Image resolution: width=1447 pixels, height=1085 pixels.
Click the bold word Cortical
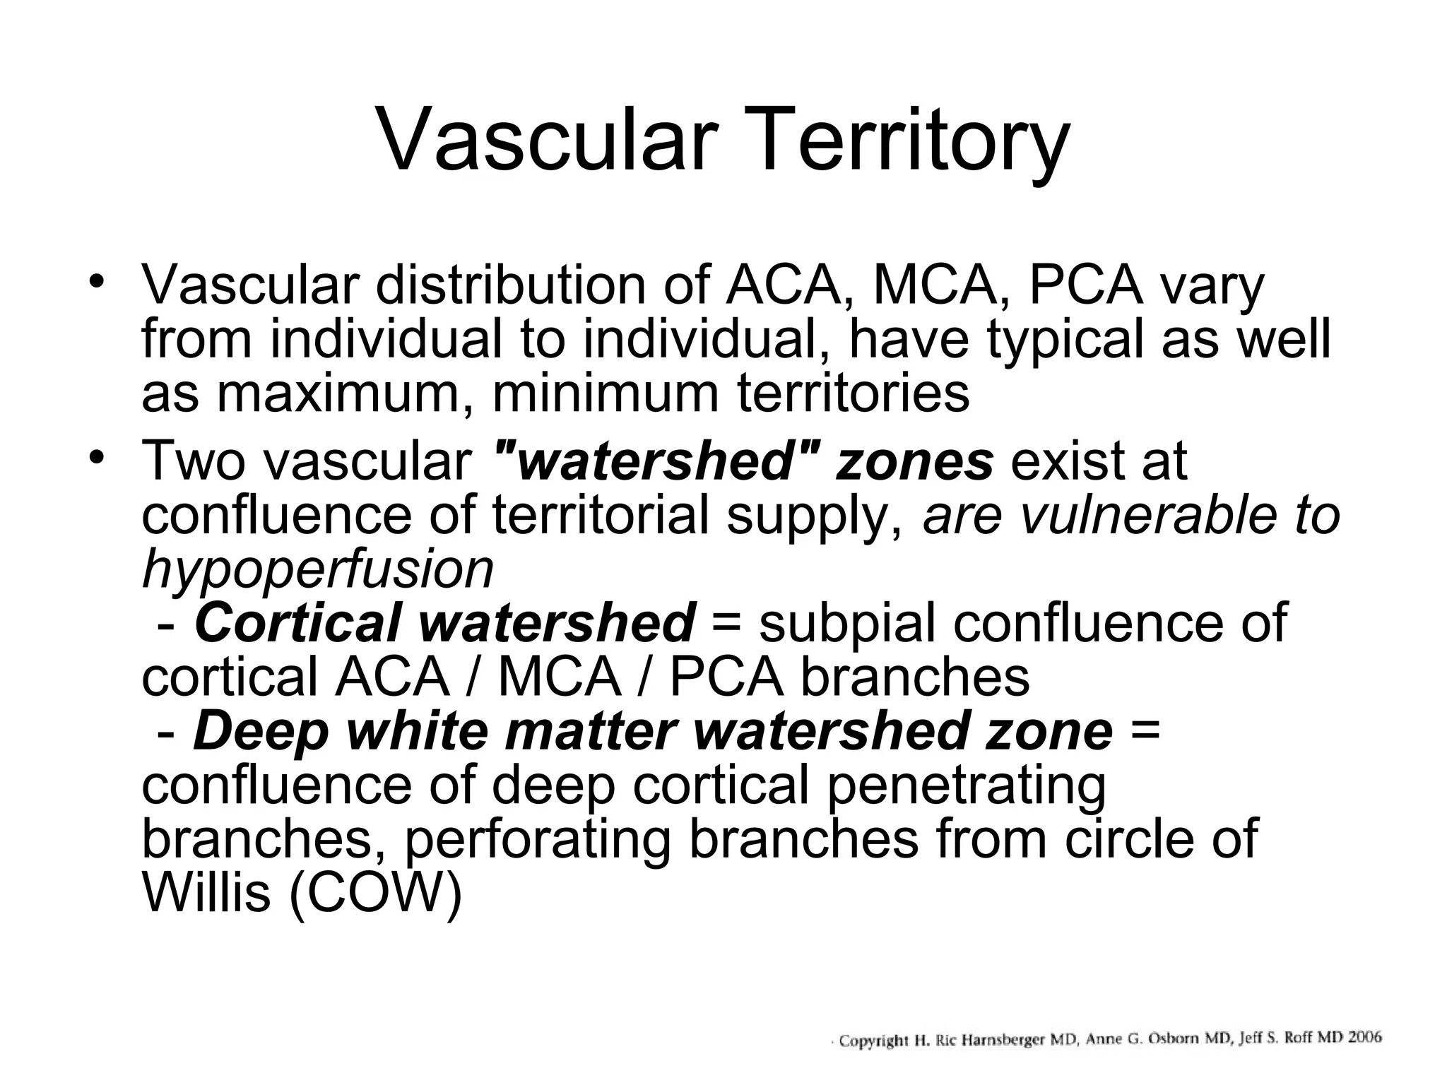pos(297,623)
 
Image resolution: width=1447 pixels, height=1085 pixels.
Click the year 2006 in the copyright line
pos(1364,1037)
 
